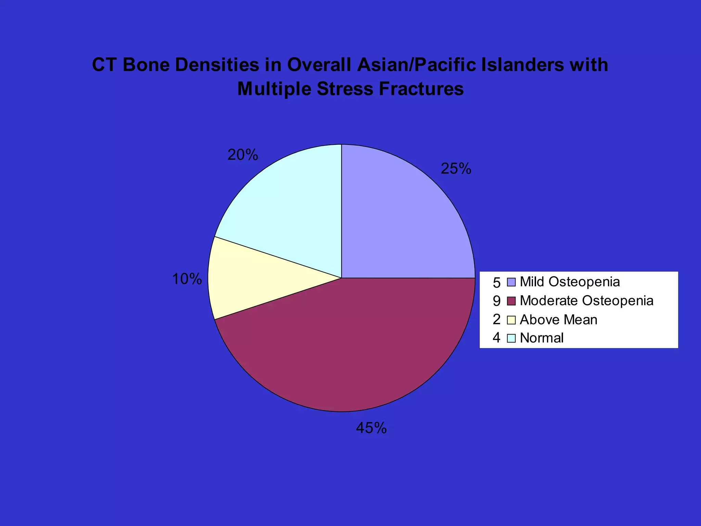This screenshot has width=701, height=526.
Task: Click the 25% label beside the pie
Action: point(456,169)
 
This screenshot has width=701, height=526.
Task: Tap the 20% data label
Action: point(243,155)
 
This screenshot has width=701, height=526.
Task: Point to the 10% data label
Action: point(187,279)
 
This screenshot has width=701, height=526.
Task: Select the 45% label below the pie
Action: point(371,428)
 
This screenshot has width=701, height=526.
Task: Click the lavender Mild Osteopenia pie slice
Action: point(404,219)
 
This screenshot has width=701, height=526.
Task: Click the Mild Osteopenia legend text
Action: point(570,282)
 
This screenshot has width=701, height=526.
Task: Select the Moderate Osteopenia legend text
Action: point(587,301)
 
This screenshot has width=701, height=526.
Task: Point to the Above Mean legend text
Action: point(559,320)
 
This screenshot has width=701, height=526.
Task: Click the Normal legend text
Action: point(541,338)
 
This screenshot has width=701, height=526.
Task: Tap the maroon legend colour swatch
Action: point(511,301)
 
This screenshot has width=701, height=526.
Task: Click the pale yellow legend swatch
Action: point(511,320)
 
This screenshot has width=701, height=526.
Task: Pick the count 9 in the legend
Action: point(497,301)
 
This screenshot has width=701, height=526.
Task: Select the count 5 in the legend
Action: point(497,283)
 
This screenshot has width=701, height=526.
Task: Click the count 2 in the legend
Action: point(497,320)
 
